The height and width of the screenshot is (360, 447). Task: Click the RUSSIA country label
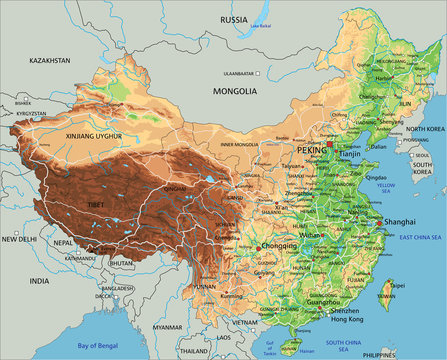(x=233, y=19)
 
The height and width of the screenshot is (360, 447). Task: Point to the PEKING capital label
(x=312, y=150)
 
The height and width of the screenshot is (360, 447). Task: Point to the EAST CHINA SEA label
(x=420, y=236)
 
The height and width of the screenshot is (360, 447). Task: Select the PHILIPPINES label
(x=422, y=353)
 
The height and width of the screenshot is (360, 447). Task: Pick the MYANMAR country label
(x=167, y=326)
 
